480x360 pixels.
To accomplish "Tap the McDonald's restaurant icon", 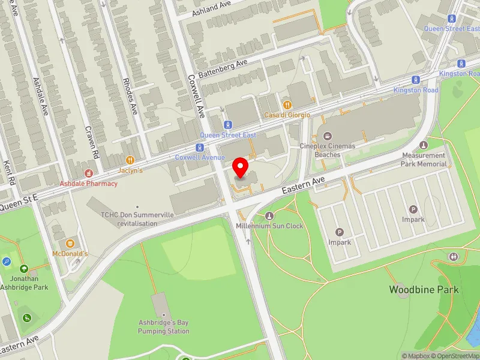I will pyautogui.click(x=70, y=243).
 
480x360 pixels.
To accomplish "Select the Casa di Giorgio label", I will pyautogui.click(x=287, y=115).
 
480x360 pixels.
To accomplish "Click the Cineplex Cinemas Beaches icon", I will pyautogui.click(x=327, y=135).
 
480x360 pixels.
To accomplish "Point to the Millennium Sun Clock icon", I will pyautogui.click(x=269, y=216).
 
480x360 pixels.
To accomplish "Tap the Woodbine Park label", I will pyautogui.click(x=424, y=290).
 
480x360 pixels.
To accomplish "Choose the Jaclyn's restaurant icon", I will pyautogui.click(x=130, y=160).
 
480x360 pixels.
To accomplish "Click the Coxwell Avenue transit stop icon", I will pyautogui.click(x=199, y=147).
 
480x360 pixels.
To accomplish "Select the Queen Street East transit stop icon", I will pyautogui.click(x=227, y=125).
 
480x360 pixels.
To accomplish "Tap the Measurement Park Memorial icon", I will pyautogui.click(x=424, y=145).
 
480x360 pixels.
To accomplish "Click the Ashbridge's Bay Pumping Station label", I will pyautogui.click(x=163, y=327).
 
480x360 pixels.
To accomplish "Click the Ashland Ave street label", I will pyautogui.click(x=211, y=9).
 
